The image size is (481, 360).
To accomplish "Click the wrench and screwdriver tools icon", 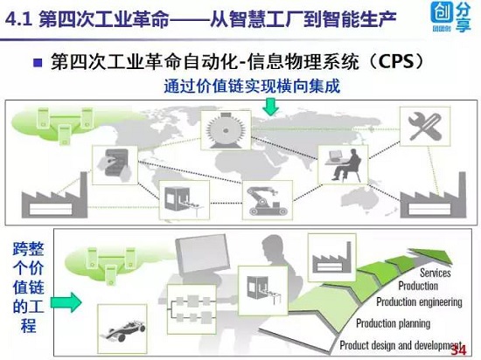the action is [x=425, y=126].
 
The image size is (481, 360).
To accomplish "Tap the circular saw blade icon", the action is [x=226, y=130].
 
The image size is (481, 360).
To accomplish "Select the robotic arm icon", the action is [x=268, y=200].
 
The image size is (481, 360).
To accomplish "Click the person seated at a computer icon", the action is [x=343, y=165].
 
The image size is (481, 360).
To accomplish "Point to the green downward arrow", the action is [x=270, y=107].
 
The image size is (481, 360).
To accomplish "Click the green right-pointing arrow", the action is [x=66, y=302].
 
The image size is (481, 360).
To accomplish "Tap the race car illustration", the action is [x=122, y=330].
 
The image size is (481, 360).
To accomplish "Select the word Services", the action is [x=436, y=273].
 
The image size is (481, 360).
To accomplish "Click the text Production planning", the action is [x=393, y=323].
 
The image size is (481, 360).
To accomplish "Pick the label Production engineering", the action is [x=419, y=301].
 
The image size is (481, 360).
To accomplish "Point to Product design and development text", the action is [x=401, y=345].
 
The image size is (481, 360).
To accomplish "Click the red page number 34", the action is [x=458, y=350].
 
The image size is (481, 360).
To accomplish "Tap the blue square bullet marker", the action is [x=38, y=63].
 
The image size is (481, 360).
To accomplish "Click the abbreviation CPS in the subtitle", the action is [x=396, y=61].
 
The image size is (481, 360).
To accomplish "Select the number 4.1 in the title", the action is [x=18, y=20].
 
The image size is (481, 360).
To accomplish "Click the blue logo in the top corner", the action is [x=450, y=17].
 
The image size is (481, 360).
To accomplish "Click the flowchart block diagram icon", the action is [x=192, y=309].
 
